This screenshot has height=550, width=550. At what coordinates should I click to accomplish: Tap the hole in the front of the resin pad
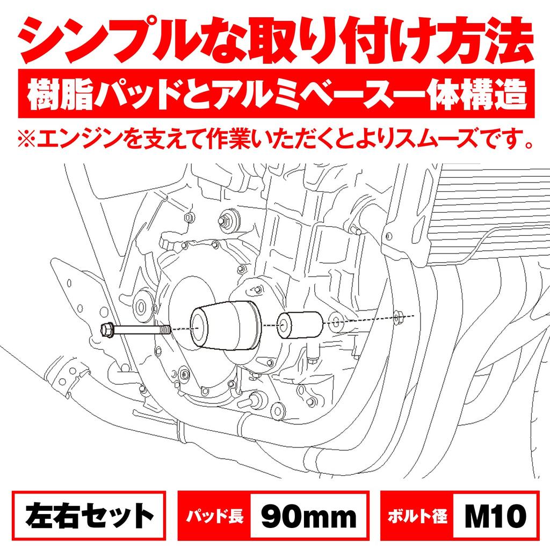(x=199, y=326)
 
